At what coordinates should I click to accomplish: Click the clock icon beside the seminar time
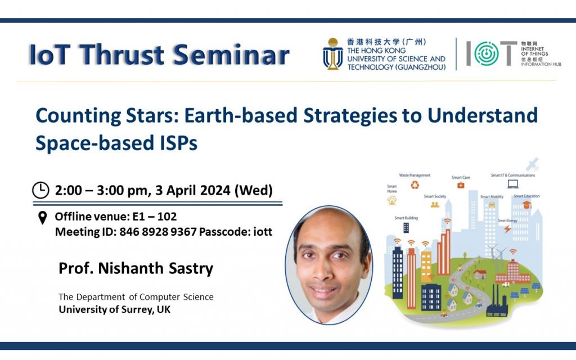[40, 191]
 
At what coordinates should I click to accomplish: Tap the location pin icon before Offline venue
[42, 218]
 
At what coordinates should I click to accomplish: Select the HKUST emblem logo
[333, 54]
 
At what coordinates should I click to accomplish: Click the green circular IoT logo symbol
[486, 54]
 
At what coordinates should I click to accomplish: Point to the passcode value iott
[262, 231]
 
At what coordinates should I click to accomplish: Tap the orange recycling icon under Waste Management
[415, 184]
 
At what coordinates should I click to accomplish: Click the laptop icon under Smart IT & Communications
[512, 184]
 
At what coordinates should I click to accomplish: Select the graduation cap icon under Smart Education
[526, 205]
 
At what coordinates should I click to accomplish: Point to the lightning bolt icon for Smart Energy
[507, 229]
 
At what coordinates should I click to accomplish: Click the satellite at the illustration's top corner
[532, 164]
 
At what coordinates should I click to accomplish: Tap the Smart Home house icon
[392, 200]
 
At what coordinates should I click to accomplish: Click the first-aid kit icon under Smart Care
[461, 186]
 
